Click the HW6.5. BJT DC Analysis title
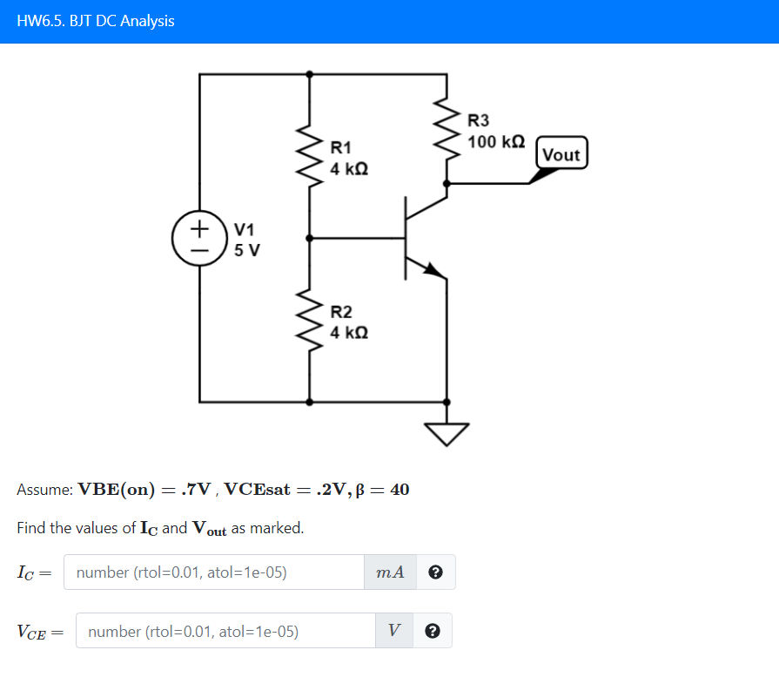pos(96,21)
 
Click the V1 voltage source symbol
pos(200,238)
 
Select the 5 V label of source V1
pos(247,250)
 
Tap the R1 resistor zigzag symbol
pos(310,153)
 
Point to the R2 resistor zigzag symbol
pos(310,319)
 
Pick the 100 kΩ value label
pos(496,141)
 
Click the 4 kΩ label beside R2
pos(349,332)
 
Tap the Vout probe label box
pos(561,154)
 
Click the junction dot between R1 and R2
pos(310,237)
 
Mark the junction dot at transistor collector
pos(447,184)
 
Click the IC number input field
pos(214,572)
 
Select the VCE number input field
pos(225,631)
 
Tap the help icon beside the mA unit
pos(436,572)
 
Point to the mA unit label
pos(391,572)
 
